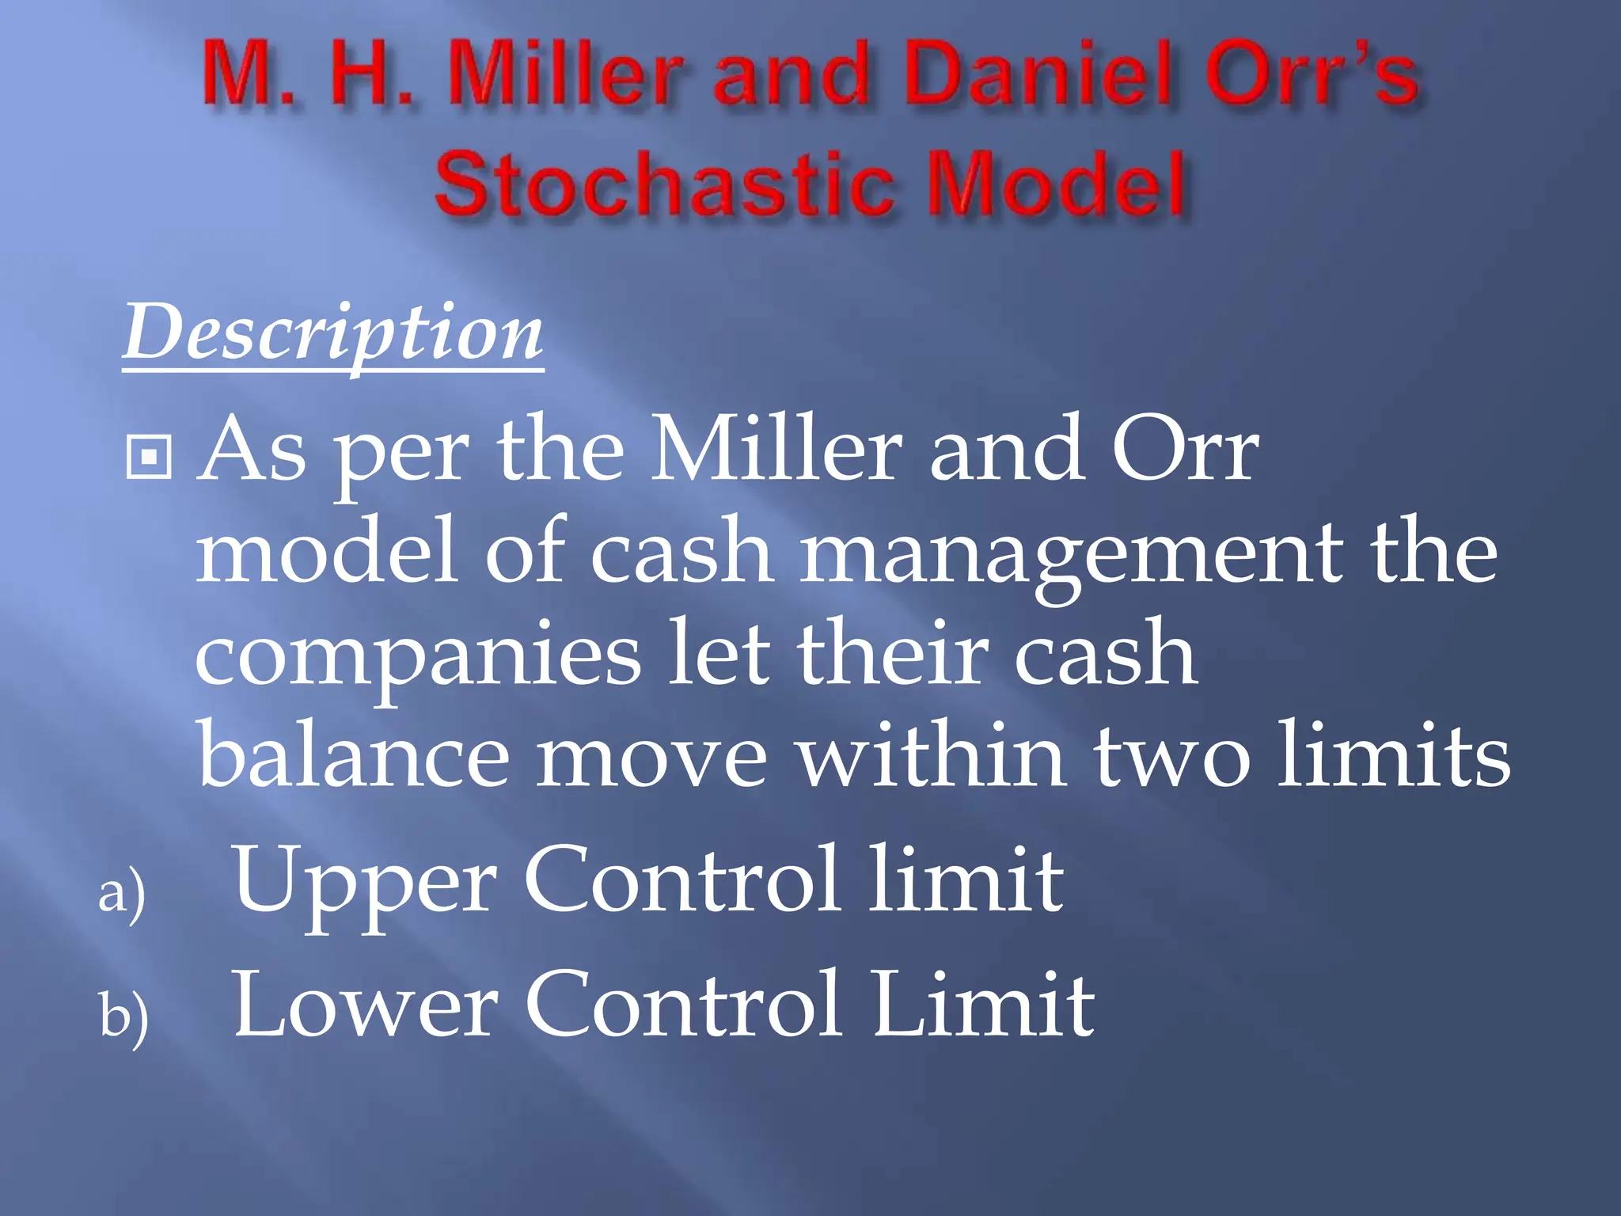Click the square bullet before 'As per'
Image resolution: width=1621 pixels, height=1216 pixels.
tap(149, 457)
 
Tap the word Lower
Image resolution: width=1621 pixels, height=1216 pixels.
tap(366, 1005)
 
